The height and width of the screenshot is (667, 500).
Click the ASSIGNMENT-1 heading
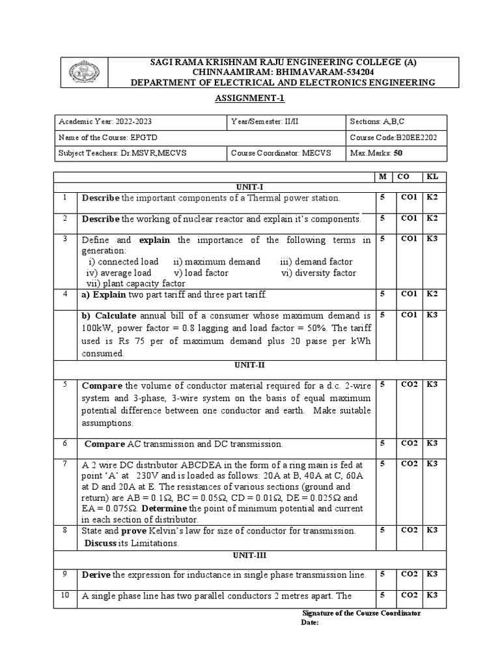click(x=250, y=98)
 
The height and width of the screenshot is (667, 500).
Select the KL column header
click(x=432, y=177)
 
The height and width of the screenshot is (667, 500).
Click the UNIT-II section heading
click(x=249, y=365)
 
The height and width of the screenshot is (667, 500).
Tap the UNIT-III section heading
click(x=249, y=556)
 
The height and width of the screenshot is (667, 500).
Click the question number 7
click(x=65, y=464)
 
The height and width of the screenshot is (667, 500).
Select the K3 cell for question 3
click(x=432, y=239)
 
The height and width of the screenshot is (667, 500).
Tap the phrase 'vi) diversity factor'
click(x=318, y=272)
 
